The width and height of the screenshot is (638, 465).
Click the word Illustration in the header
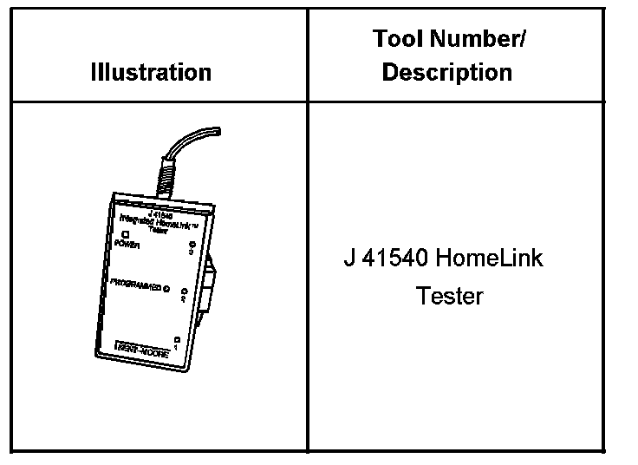151,72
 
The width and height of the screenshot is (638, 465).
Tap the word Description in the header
446,72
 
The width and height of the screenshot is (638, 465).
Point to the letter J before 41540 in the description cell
348,259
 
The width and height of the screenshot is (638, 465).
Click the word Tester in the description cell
449,296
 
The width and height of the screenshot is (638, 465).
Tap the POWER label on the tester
127,246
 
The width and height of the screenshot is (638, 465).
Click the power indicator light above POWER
126,235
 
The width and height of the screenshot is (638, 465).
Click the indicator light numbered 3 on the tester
192,247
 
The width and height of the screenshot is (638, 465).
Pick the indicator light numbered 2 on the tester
185,291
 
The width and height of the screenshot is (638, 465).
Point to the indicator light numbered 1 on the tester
177,339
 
